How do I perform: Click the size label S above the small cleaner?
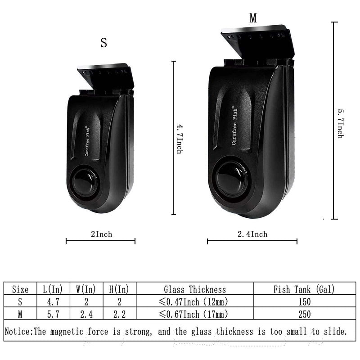tap(104, 43)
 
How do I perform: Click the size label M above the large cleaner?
tap(253, 18)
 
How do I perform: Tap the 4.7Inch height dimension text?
tap(180, 139)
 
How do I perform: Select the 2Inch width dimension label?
tap(102, 234)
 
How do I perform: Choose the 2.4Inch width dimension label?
tap(252, 234)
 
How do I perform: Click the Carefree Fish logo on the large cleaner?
tap(234, 126)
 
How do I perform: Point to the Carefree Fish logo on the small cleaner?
tap(87, 141)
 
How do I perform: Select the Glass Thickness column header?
tap(195, 289)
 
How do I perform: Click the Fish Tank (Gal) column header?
tap(304, 289)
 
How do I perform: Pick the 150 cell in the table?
tap(305, 301)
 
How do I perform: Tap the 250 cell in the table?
tap(305, 314)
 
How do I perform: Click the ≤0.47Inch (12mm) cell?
tap(193, 301)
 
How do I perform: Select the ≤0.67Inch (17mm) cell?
tap(193, 314)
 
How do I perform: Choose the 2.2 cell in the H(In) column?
tap(119, 314)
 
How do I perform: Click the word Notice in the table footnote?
tap(18, 332)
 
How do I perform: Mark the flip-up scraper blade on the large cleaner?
tap(257, 41)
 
